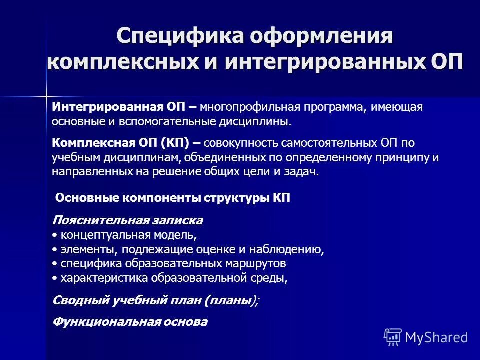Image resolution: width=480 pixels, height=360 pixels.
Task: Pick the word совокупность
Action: click(242, 143)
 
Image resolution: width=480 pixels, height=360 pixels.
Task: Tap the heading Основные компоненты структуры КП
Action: click(172, 198)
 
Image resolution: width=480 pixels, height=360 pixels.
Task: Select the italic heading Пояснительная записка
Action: click(127, 220)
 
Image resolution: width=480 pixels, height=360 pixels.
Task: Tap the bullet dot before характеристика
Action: click(54, 278)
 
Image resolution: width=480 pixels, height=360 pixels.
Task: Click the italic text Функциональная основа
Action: click(130, 322)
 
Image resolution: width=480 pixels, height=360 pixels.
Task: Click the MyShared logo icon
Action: click(393, 337)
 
